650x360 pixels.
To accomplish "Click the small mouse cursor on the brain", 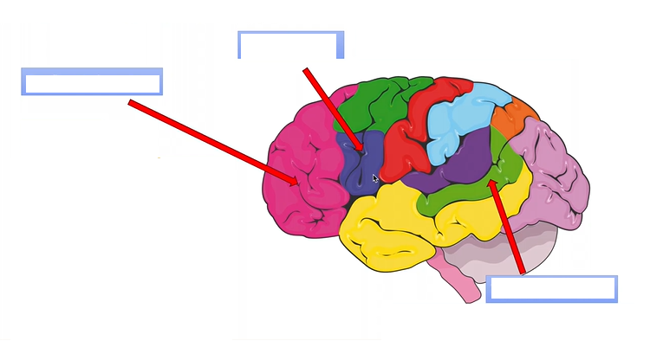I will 375,178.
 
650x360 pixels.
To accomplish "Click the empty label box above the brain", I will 290,45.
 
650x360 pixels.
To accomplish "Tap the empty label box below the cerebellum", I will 552,289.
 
